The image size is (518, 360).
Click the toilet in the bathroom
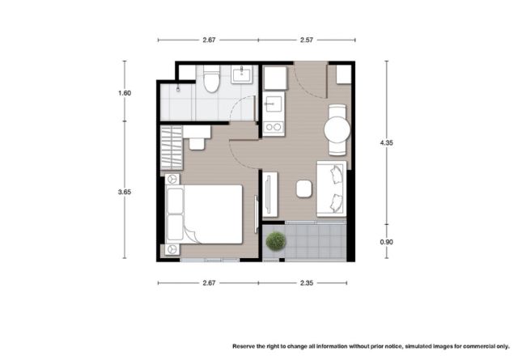click(x=211, y=78)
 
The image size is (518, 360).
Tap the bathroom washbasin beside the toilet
click(x=241, y=74)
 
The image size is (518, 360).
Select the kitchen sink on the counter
click(x=274, y=104)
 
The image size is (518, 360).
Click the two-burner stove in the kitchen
click(x=274, y=127)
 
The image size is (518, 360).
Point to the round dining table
click(x=337, y=129)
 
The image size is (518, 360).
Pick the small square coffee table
click(x=304, y=189)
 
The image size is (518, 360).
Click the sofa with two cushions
click(x=331, y=189)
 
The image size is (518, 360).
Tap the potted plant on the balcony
click(x=275, y=241)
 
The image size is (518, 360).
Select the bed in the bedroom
click(x=204, y=214)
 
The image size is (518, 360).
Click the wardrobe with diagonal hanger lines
click(x=172, y=147)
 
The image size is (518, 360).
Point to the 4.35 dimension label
click(x=386, y=142)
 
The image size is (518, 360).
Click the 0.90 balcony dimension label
click(x=386, y=242)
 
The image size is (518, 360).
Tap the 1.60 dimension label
click(x=125, y=93)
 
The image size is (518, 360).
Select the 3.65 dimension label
click(x=125, y=192)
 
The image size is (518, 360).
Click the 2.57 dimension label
click(x=307, y=40)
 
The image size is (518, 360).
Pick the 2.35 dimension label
click(x=307, y=283)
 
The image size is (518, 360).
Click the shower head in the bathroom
click(x=178, y=88)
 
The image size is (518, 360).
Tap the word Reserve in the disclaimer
click(x=244, y=346)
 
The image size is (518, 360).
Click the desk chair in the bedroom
click(x=197, y=144)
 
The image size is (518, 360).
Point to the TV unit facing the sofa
click(x=270, y=194)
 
